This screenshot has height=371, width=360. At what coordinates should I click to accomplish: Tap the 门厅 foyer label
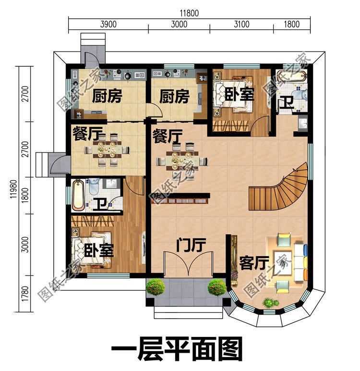click(191, 246)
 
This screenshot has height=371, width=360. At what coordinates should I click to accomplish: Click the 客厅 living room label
click(253, 264)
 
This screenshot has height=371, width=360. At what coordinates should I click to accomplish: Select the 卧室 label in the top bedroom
click(239, 95)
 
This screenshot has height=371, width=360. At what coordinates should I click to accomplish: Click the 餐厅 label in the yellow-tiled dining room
click(86, 132)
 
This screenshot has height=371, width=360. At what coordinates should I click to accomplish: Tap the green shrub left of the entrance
click(156, 287)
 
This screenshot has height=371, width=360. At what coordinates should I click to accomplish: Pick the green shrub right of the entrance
click(217, 287)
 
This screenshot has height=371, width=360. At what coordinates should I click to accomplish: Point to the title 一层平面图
click(177, 349)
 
